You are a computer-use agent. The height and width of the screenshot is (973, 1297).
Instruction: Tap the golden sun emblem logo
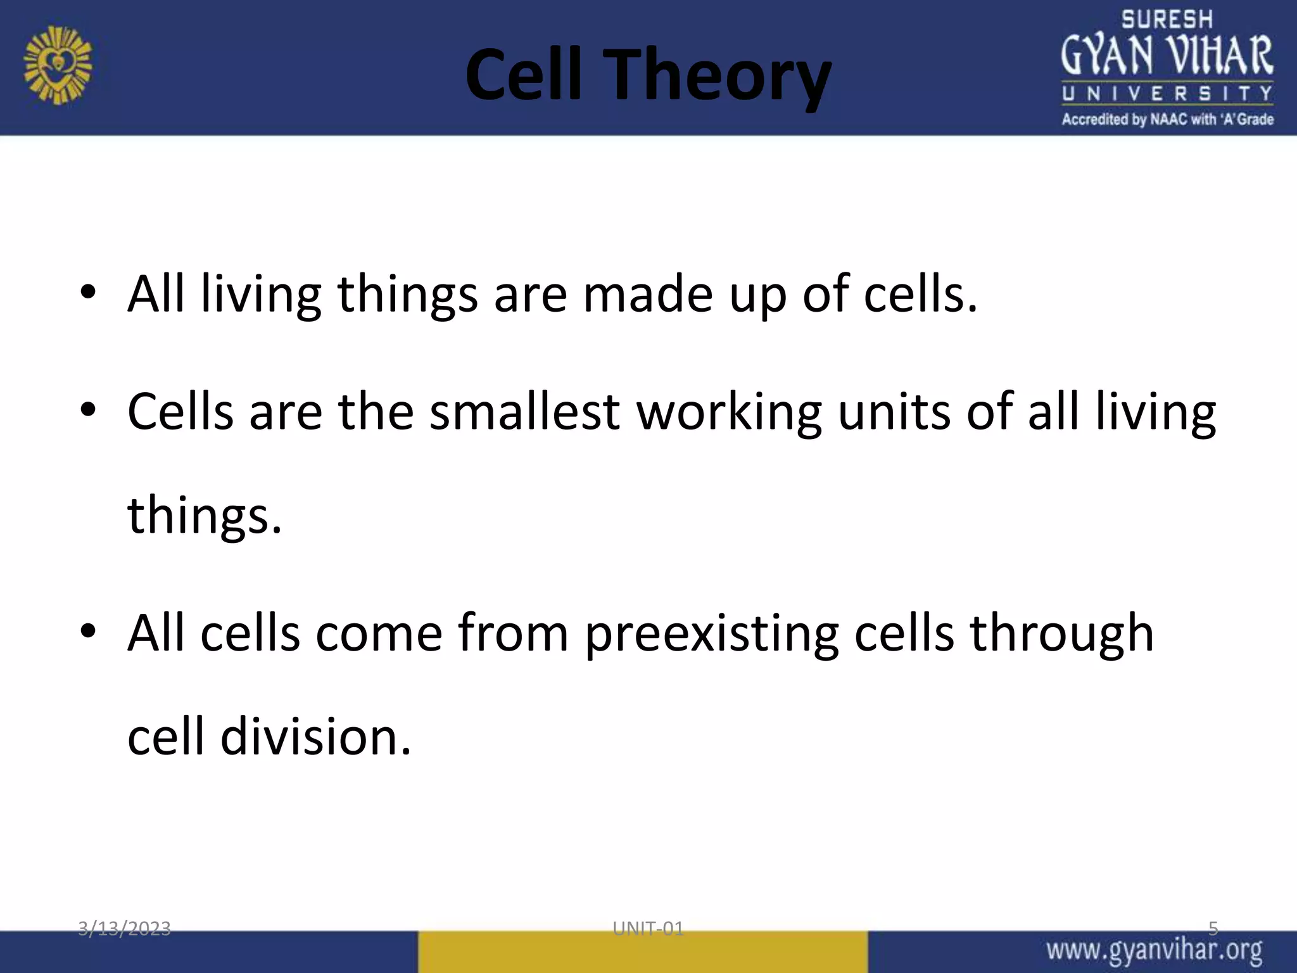[58, 65]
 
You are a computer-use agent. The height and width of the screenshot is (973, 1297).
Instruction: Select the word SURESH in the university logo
[1167, 20]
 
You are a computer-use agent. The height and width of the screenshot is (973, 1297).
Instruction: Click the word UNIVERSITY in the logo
[1167, 94]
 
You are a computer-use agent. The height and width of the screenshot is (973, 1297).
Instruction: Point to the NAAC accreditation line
[1167, 119]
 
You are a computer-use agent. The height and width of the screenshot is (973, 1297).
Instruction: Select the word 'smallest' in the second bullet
[524, 412]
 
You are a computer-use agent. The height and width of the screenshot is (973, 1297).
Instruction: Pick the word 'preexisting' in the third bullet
[711, 633]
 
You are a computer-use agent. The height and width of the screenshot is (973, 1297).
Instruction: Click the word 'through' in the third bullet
[1061, 633]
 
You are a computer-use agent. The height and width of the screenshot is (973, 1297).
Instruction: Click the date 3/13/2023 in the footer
[124, 929]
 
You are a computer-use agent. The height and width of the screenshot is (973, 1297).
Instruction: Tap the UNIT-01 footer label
[648, 929]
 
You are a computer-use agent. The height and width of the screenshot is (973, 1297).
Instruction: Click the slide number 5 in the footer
[1213, 929]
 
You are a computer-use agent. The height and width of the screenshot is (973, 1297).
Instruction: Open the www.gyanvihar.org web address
[1154, 951]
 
